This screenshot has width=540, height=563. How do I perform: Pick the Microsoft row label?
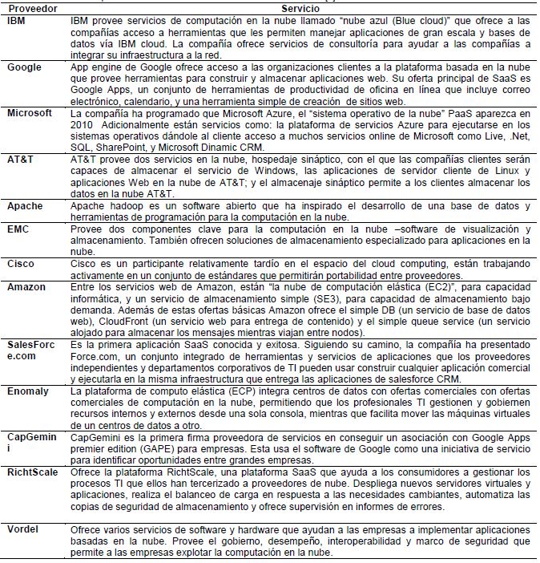30,114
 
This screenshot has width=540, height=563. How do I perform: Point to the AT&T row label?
21,160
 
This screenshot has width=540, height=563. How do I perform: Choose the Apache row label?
25,206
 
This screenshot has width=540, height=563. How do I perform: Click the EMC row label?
19,229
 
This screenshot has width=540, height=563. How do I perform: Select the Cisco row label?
21,263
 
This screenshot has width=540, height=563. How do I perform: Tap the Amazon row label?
26,286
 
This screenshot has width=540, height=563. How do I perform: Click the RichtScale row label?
32,472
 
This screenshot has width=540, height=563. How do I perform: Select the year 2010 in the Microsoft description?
83,125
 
